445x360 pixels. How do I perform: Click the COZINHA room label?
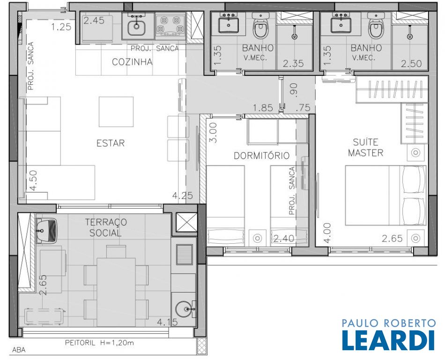click(x=132, y=62)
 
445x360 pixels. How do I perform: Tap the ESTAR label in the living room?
click(x=111, y=143)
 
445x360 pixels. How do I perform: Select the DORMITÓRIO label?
click(x=262, y=156)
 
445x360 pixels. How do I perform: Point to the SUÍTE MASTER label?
click(x=365, y=147)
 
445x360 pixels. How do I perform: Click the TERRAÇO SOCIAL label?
click(x=106, y=227)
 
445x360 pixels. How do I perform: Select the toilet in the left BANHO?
click(x=260, y=26)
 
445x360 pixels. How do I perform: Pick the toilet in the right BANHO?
click(x=376, y=26)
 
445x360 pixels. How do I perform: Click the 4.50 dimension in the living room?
click(x=33, y=180)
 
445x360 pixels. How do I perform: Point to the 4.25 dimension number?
click(x=183, y=195)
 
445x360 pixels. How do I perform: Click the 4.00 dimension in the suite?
click(x=327, y=233)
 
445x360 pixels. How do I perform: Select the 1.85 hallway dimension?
click(x=263, y=108)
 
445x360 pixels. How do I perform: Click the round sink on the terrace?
click(x=184, y=309)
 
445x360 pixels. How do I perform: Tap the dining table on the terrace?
click(x=116, y=292)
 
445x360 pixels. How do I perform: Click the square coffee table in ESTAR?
click(x=116, y=112)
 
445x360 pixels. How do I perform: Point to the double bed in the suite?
click(x=386, y=195)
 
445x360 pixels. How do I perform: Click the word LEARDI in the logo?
click(x=388, y=340)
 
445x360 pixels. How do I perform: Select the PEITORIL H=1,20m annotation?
click(x=99, y=343)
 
